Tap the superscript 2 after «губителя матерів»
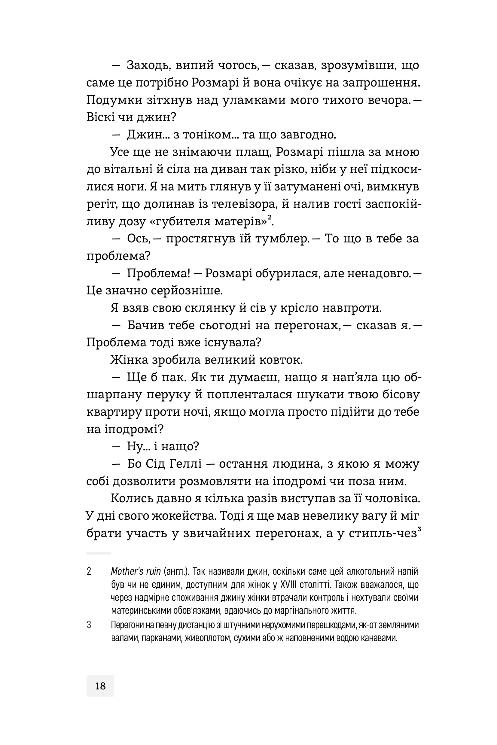point(270,217)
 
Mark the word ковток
point(280,360)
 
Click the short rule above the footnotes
point(99,553)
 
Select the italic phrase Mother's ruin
point(136,571)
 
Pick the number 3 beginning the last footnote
point(89,625)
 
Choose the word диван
point(228,169)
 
